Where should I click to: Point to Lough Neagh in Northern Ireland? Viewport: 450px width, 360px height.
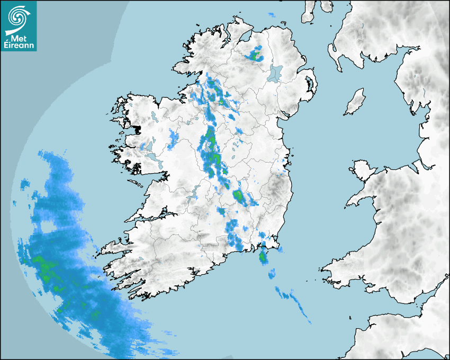pos(275,73)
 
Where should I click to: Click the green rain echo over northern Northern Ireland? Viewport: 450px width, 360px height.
pos(256,55)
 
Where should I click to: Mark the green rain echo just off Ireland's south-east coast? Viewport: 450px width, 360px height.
pos(263,258)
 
